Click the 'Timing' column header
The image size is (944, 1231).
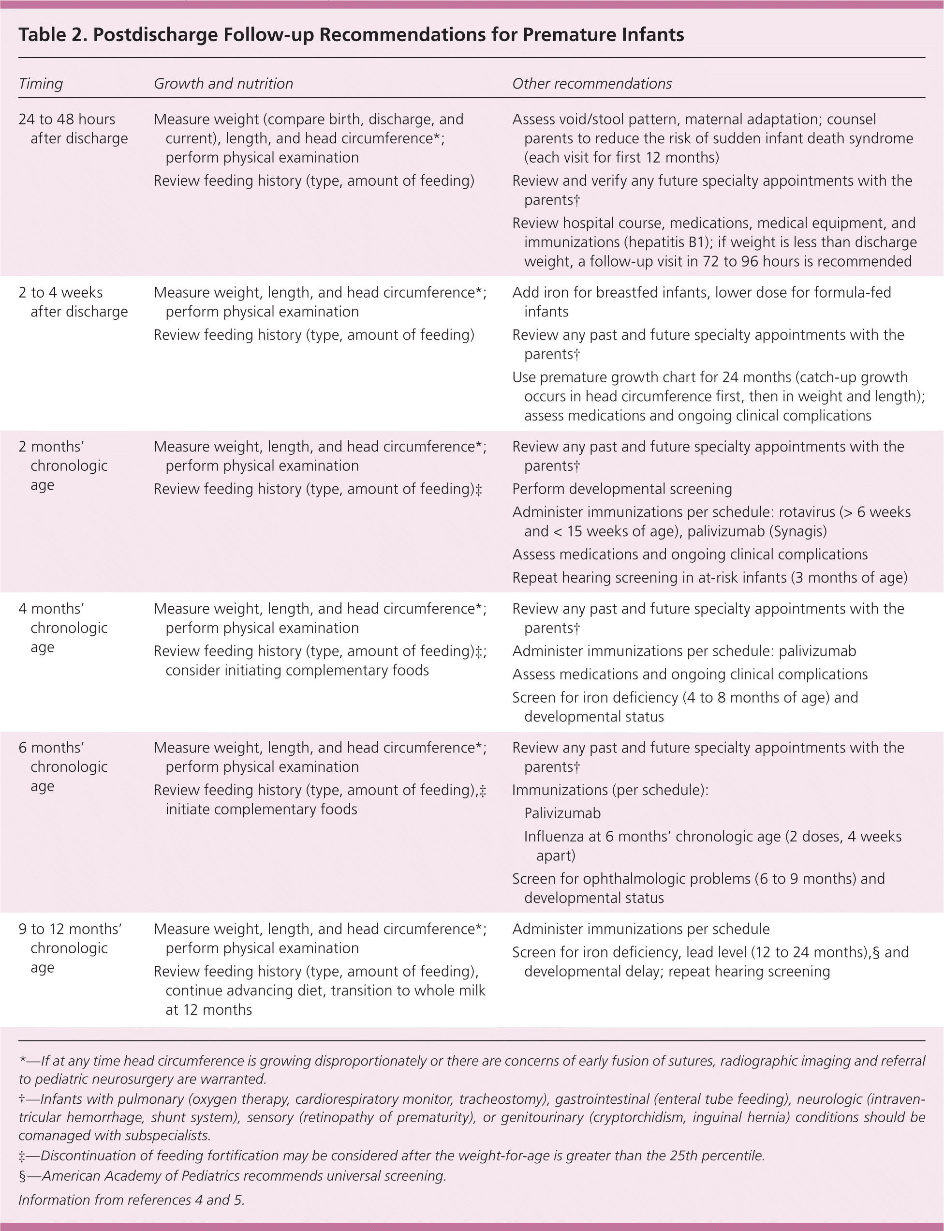click(41, 84)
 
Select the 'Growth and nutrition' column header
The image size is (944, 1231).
click(223, 84)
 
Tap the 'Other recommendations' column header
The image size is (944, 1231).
click(591, 84)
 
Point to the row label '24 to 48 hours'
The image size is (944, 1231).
click(67, 119)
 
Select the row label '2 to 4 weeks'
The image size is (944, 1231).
click(60, 292)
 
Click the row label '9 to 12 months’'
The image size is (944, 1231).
click(70, 929)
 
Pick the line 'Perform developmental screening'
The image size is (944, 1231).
click(622, 489)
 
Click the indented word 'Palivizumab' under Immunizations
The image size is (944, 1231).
click(562, 813)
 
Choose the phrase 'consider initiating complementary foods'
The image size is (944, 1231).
click(297, 671)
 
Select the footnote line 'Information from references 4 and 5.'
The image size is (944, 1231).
click(132, 1200)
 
